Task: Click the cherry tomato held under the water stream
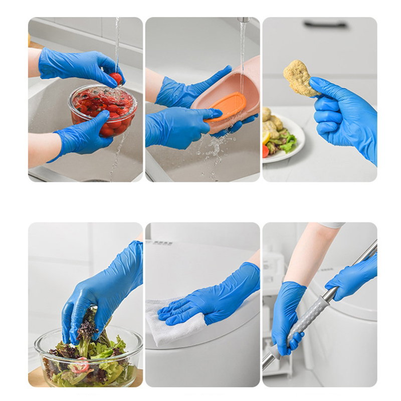pos(116,78)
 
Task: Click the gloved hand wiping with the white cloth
pos(211,296)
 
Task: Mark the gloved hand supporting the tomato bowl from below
pos(83,135)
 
